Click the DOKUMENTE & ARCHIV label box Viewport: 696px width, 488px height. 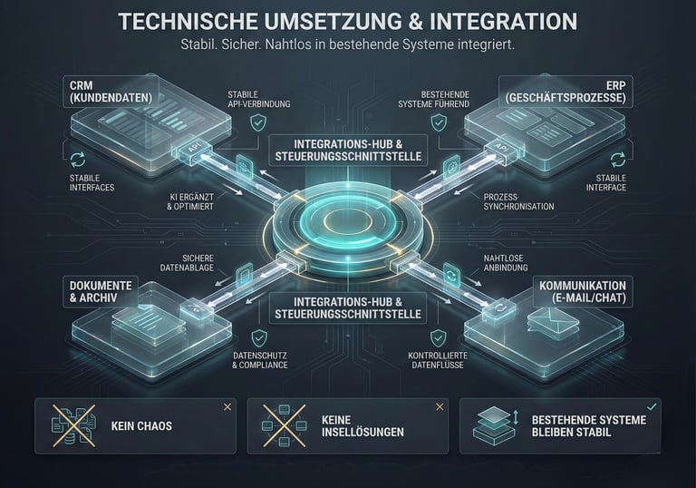[x=101, y=291]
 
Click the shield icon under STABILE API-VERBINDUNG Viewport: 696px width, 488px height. [x=258, y=121]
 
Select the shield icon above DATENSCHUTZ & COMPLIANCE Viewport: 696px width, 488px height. [x=258, y=338]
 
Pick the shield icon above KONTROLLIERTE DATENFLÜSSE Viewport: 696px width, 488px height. [x=438, y=338]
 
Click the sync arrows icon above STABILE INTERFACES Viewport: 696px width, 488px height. [x=77, y=159]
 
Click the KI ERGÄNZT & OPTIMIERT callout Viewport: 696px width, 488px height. [x=189, y=200]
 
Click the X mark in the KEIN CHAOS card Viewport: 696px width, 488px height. [x=227, y=407]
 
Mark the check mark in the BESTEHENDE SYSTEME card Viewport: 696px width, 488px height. [x=652, y=406]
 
